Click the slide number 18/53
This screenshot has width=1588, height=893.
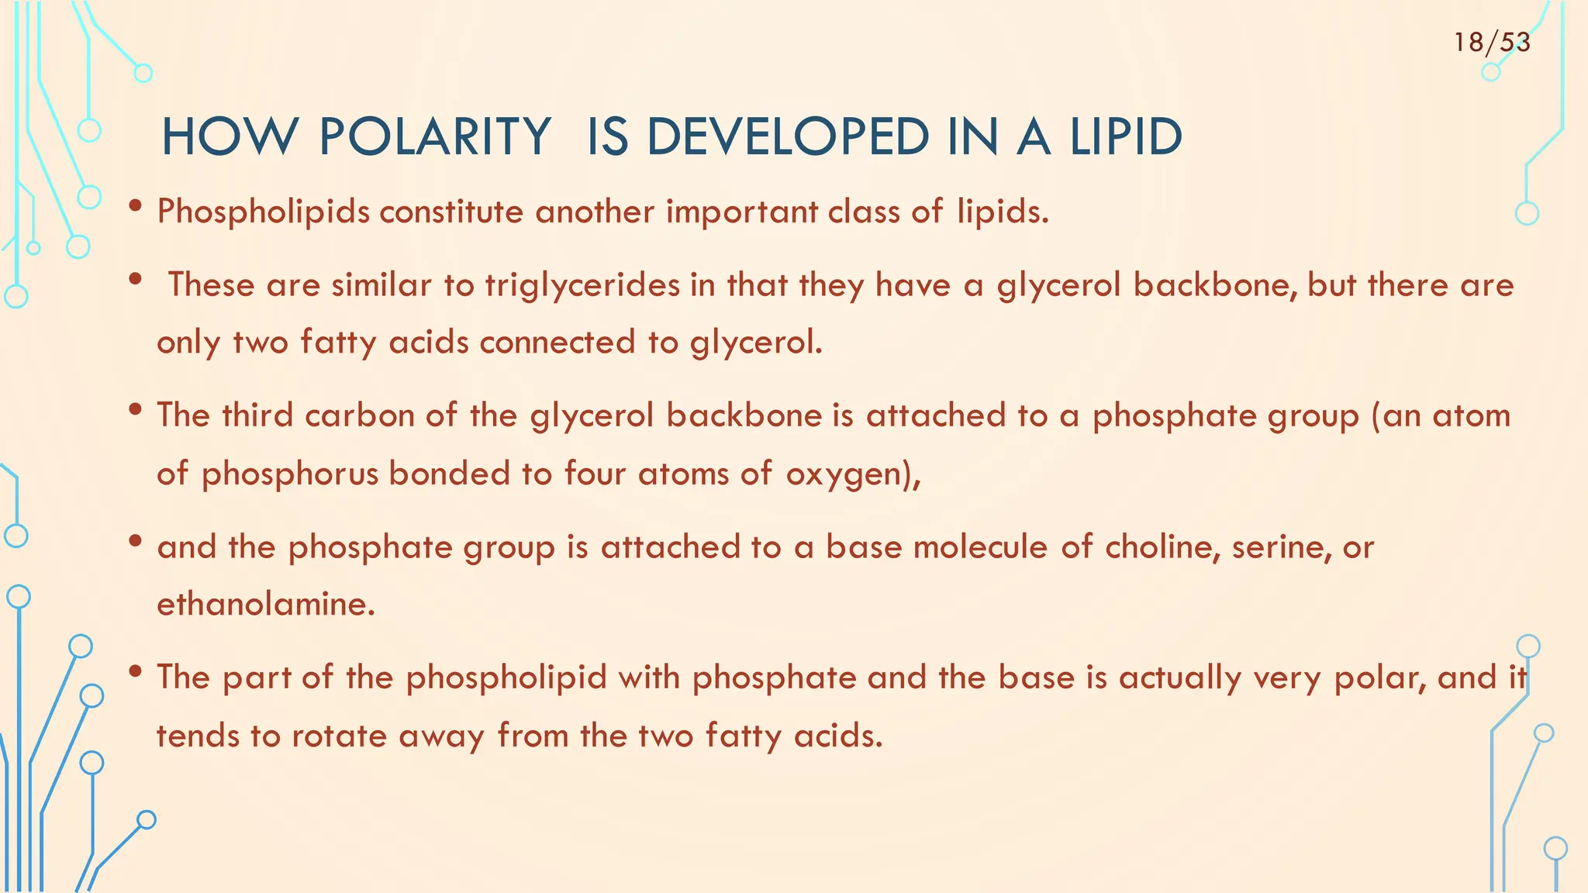click(x=1492, y=42)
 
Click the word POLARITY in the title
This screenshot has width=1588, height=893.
click(x=435, y=137)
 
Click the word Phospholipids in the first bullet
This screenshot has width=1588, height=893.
click(x=264, y=212)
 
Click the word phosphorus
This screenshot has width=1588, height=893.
click(x=290, y=474)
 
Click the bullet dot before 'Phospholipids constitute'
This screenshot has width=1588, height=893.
click(x=136, y=207)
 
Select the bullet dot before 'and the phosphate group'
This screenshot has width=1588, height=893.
click(x=136, y=542)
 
